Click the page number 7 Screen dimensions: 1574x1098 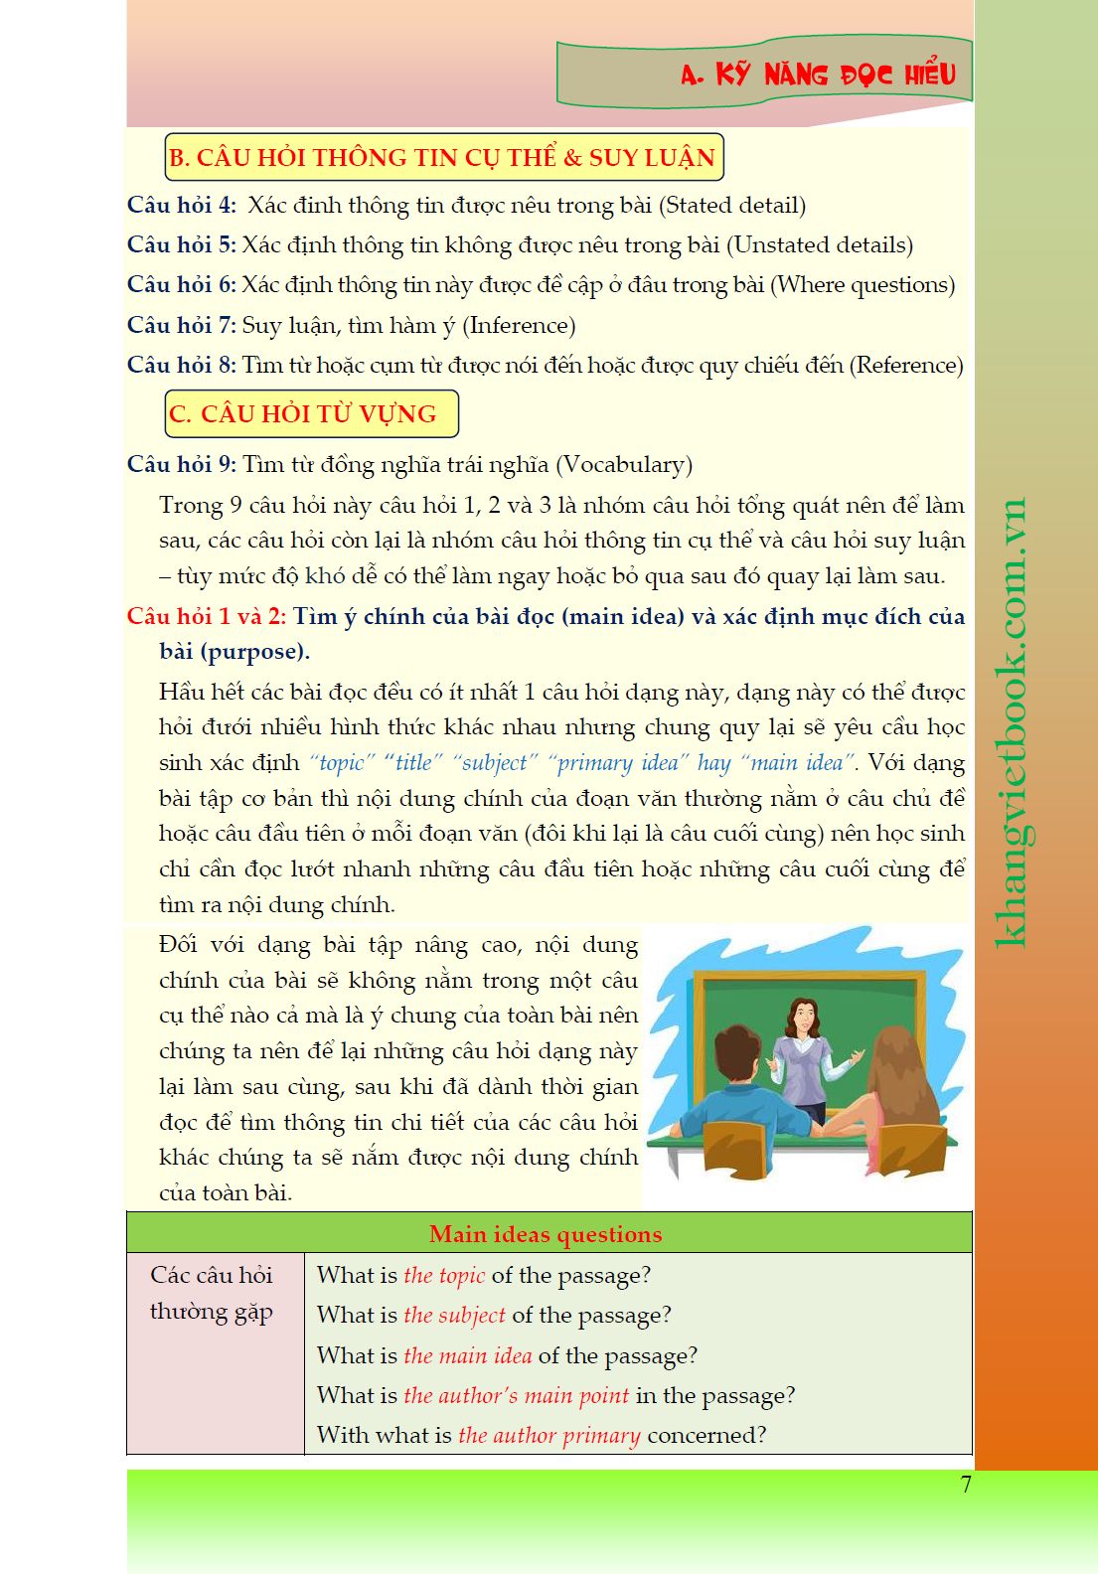coord(966,1485)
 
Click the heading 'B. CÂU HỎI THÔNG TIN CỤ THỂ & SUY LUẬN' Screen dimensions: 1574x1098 coord(443,158)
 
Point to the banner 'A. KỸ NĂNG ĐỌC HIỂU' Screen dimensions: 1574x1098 coord(818,75)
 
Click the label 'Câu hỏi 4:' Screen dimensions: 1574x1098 coord(182,206)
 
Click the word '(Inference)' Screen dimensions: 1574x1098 coord(521,326)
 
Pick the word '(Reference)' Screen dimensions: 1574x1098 coord(906,366)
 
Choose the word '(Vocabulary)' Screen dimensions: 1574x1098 coord(624,465)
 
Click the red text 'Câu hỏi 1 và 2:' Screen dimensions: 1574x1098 coord(207,616)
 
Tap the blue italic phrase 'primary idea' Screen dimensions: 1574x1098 coord(618,763)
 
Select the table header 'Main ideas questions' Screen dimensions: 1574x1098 coord(546,1234)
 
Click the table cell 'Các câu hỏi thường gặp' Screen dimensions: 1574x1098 coord(212,1293)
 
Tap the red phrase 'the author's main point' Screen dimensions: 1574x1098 coord(517,1396)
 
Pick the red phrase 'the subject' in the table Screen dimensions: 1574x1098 coord(454,1316)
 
